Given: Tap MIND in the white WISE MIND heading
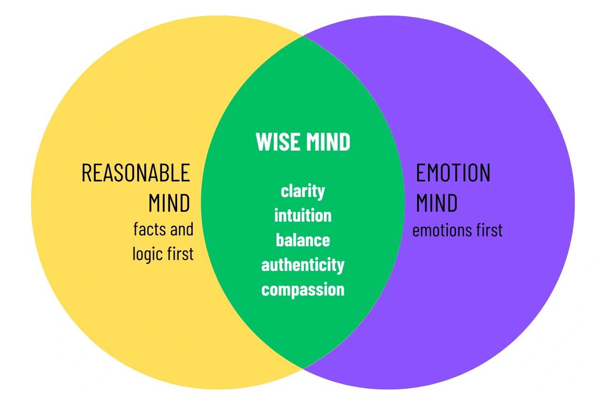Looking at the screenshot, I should point(328,142).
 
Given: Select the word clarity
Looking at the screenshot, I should point(303,191).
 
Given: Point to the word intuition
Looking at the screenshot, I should point(303,216).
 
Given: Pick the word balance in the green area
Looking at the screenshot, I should point(303,241).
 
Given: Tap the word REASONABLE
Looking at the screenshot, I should point(136,173).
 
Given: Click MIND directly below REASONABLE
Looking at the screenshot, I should point(169,203).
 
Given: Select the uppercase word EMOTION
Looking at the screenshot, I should point(453,173).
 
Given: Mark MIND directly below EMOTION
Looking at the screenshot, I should point(437,203).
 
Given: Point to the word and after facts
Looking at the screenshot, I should point(182,230).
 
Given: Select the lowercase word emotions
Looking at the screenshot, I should point(439,231).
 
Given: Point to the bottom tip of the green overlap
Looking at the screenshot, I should point(303,368).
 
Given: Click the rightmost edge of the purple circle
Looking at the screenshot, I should point(574,202).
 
